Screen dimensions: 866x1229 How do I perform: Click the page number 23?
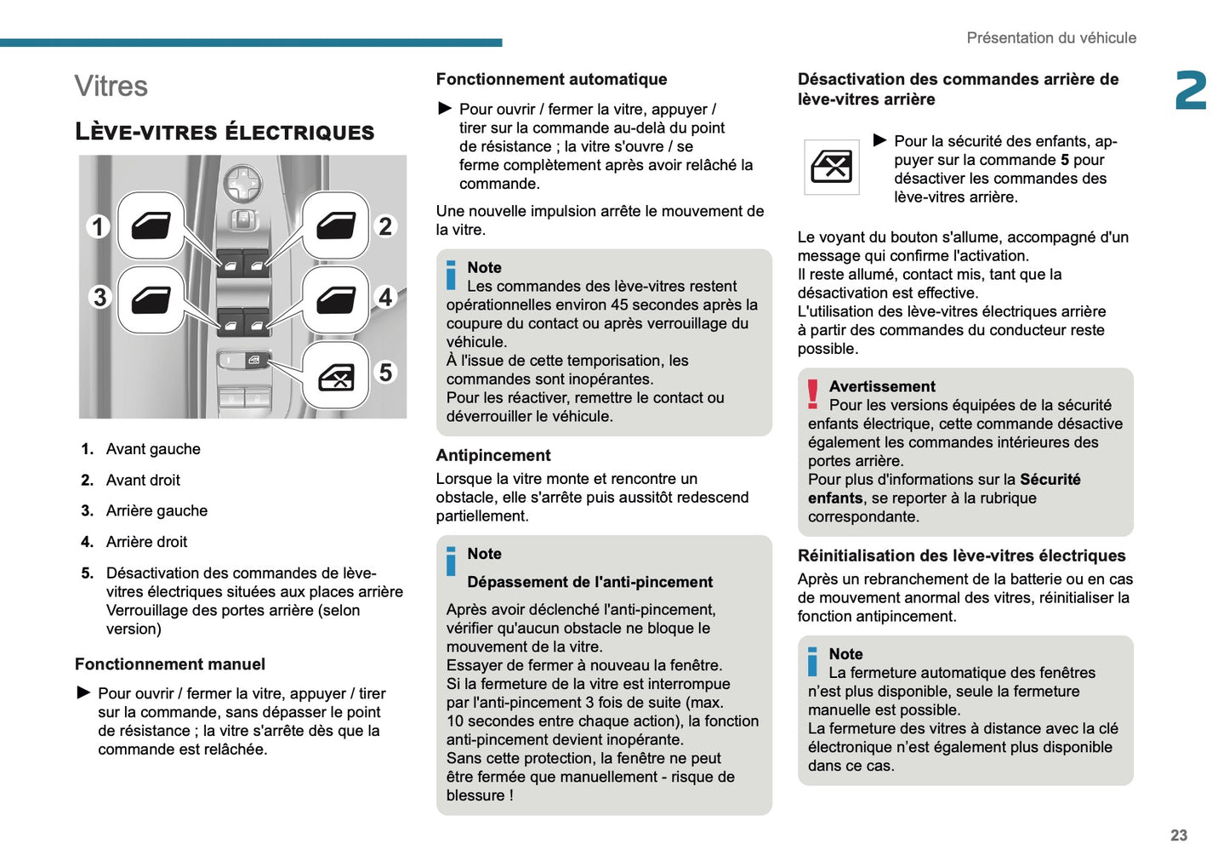[1178, 835]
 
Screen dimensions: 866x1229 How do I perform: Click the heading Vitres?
[111, 86]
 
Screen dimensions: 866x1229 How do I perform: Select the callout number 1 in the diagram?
[99, 226]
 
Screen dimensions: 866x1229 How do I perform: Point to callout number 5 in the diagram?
[386, 373]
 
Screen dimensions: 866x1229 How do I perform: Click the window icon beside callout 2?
[336, 225]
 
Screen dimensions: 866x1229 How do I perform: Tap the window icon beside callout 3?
[151, 299]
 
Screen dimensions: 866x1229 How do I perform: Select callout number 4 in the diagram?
[386, 297]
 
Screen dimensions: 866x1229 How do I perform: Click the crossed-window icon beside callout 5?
[336, 376]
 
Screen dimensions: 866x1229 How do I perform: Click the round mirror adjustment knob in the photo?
[242, 182]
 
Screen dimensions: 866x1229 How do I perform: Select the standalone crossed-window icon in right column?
[831, 167]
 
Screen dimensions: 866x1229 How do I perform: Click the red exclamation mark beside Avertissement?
[813, 394]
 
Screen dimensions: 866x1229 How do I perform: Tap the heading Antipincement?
[493, 455]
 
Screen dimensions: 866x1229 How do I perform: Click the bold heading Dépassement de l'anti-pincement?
[589, 582]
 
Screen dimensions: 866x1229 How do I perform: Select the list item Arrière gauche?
[156, 510]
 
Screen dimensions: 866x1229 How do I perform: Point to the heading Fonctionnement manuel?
[170, 664]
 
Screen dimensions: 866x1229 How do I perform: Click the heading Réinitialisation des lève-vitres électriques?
[961, 555]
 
